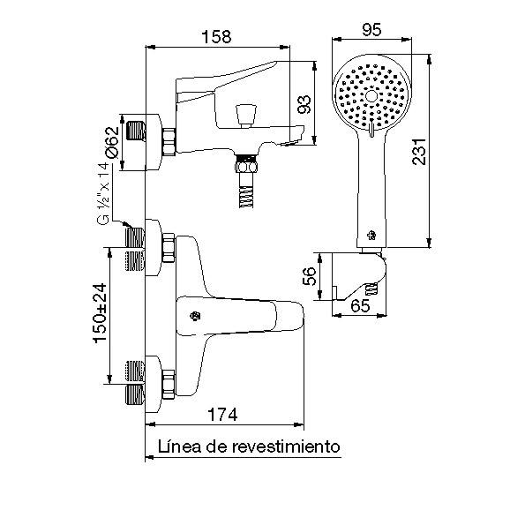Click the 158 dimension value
[216, 36]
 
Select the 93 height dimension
[304, 104]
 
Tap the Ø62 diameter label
[112, 142]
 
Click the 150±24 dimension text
[100, 313]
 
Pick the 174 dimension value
[222, 415]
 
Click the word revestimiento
[286, 446]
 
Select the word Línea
[179, 446]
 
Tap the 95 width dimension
[371, 30]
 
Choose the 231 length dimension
[419, 151]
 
